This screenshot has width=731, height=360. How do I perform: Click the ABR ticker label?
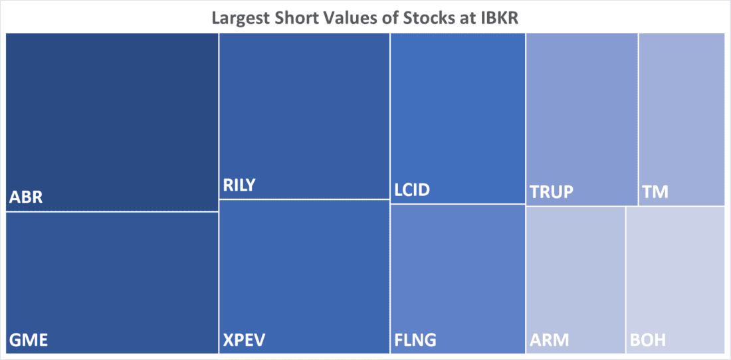coord(26,197)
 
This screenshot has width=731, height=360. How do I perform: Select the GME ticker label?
coord(28,341)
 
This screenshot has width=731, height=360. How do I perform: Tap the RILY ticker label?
coord(239,185)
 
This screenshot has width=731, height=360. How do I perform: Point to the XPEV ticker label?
coord(243,341)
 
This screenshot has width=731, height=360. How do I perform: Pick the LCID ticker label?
coord(412,191)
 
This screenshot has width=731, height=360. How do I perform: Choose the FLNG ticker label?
coord(415,341)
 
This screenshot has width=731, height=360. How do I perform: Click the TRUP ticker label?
coord(552,193)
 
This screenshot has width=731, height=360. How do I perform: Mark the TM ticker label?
coord(656,193)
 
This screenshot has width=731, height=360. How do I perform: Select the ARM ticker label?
coord(550,341)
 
